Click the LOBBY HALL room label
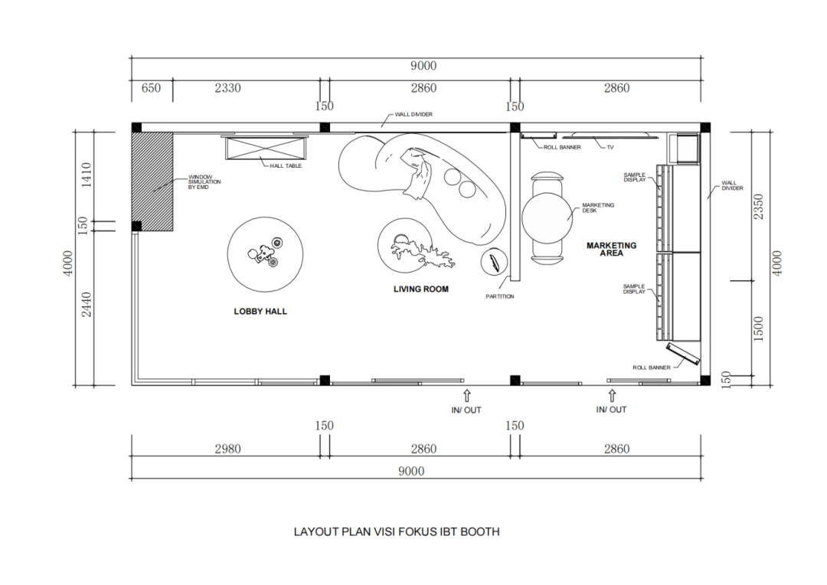coord(260,312)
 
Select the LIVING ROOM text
coord(421,289)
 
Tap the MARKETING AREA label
coord(611,249)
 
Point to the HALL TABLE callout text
coord(286,165)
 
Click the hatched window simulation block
coord(152,181)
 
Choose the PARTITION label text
coord(500,296)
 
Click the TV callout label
coord(610,147)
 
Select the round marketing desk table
coord(548,217)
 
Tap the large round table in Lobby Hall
coord(266,255)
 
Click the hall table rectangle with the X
coord(264,149)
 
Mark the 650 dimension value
coord(152,88)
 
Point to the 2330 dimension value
coord(227,88)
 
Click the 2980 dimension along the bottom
coord(227,449)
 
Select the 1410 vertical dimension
coord(86,175)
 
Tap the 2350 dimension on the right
coord(759,206)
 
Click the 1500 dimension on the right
coord(759,329)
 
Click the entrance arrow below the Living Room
coord(466,396)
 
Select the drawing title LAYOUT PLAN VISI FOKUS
coord(397,531)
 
